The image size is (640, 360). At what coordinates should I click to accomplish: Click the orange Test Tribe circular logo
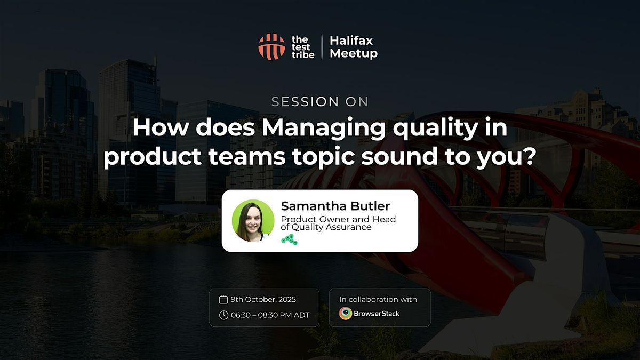point(271,47)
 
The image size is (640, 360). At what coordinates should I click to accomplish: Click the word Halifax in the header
point(351,41)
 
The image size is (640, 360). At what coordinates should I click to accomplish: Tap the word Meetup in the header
point(354,53)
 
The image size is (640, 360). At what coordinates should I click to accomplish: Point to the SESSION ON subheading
point(319,102)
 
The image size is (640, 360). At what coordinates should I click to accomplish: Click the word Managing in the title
point(324,129)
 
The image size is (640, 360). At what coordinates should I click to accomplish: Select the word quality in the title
point(435,129)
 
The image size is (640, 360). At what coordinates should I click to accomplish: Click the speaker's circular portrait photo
point(253,221)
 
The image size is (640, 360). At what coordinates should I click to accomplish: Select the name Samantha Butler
point(335,206)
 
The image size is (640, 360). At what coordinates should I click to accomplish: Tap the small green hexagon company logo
point(290,239)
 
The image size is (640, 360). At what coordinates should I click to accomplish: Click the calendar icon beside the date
point(223,299)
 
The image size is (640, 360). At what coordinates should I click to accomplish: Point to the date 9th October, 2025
point(263,299)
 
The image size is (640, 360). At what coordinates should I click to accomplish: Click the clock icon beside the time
point(223,315)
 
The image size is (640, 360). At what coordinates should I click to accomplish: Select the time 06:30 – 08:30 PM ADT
point(270,315)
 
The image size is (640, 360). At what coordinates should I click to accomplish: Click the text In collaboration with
point(378,299)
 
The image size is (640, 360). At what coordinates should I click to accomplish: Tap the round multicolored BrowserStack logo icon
point(346,314)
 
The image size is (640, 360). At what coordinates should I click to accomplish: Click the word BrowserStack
point(377,314)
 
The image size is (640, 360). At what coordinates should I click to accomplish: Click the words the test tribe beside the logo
point(302,47)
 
